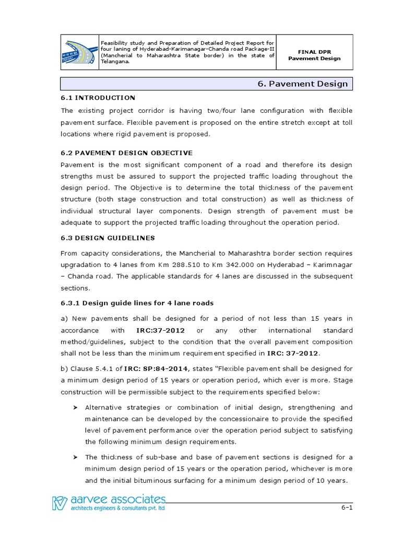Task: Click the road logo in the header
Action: pyautogui.click(x=80, y=51)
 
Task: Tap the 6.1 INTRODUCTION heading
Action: pyautogui.click(x=98, y=98)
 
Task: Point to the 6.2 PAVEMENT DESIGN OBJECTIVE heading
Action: pyautogui.click(x=127, y=153)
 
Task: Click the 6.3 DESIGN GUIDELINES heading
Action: pyautogui.click(x=108, y=238)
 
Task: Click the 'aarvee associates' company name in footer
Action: pyautogui.click(x=114, y=499)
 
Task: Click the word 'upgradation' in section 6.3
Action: pyautogui.click(x=81, y=265)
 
